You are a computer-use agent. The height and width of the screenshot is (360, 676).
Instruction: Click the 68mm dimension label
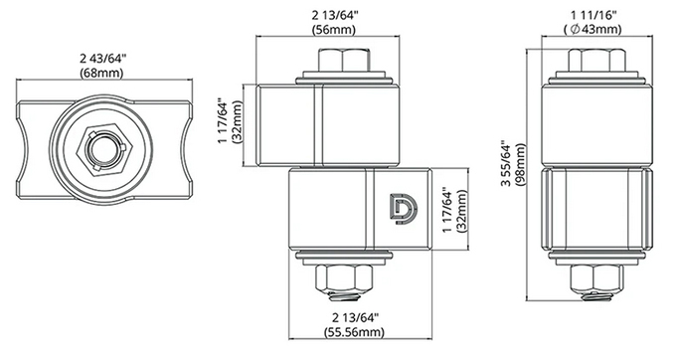[101, 73]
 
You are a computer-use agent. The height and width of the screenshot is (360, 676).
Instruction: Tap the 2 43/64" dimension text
[102, 59]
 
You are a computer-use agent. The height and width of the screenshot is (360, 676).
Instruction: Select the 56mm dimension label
[334, 30]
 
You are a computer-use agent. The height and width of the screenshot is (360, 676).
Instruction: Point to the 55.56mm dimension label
[354, 332]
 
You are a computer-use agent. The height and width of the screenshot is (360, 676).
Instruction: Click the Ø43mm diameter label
[592, 29]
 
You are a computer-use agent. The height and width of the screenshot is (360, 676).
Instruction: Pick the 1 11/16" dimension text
[593, 16]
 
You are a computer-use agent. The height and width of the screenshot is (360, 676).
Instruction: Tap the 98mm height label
[520, 165]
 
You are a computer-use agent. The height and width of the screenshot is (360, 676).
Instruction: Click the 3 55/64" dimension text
[506, 164]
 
